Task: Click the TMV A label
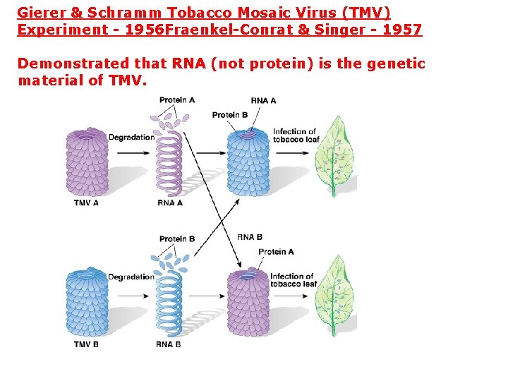pos(86,203)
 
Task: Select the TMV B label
pos(86,344)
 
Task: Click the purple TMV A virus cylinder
pos(87,162)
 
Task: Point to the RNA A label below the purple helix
pos(170,203)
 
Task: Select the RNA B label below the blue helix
pos(169,344)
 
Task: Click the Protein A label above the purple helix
pos(176,100)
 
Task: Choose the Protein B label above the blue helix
pos(176,239)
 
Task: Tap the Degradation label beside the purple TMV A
pos(131,137)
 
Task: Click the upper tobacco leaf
pos(334,155)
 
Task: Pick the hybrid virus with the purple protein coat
pos(248,305)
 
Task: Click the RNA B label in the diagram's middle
pos(250,237)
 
